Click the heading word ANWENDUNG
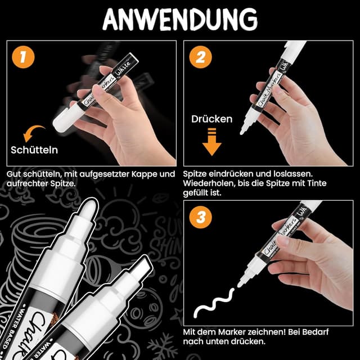pos(180,19)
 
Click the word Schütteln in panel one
pos(34,150)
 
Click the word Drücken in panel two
pos(211,119)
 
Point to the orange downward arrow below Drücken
pos(211,141)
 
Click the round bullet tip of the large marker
pos(87,213)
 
